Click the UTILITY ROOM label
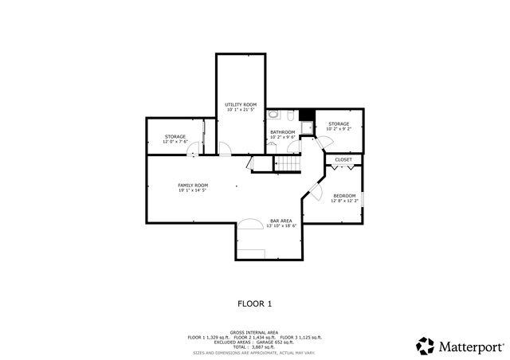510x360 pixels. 240,104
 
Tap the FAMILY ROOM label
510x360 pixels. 192,185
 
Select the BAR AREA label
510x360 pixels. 280,221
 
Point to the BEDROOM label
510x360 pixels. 344,195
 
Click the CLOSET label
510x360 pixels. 343,159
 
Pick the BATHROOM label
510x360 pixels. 282,132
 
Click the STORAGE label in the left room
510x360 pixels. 175,136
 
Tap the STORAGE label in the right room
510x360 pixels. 339,123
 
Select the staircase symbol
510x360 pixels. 288,163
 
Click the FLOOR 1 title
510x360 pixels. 255,303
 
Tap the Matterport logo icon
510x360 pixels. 425,346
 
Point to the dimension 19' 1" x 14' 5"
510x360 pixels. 192,190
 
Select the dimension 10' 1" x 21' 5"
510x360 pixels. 240,110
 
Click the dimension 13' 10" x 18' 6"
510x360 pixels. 280,226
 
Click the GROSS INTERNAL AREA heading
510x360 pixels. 254,332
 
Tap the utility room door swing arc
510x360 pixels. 226,148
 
